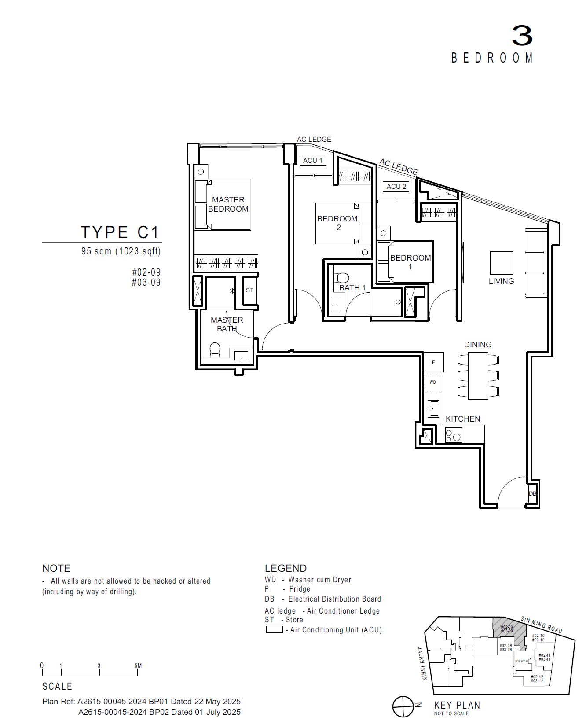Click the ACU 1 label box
(313, 161)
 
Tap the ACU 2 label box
(396, 187)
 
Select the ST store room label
(250, 290)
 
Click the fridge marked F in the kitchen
(433, 362)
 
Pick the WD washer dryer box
(433, 382)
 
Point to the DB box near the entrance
(532, 493)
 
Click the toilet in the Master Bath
(215, 349)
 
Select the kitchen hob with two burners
(453, 436)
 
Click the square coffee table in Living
(502, 263)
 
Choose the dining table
(478, 376)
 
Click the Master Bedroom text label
(228, 204)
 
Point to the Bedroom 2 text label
(337, 223)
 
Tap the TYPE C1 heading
(119, 232)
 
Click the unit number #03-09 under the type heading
(146, 283)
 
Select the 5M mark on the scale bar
(138, 666)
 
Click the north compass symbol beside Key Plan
(403, 706)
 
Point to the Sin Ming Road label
(541, 625)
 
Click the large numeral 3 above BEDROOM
(522, 36)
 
